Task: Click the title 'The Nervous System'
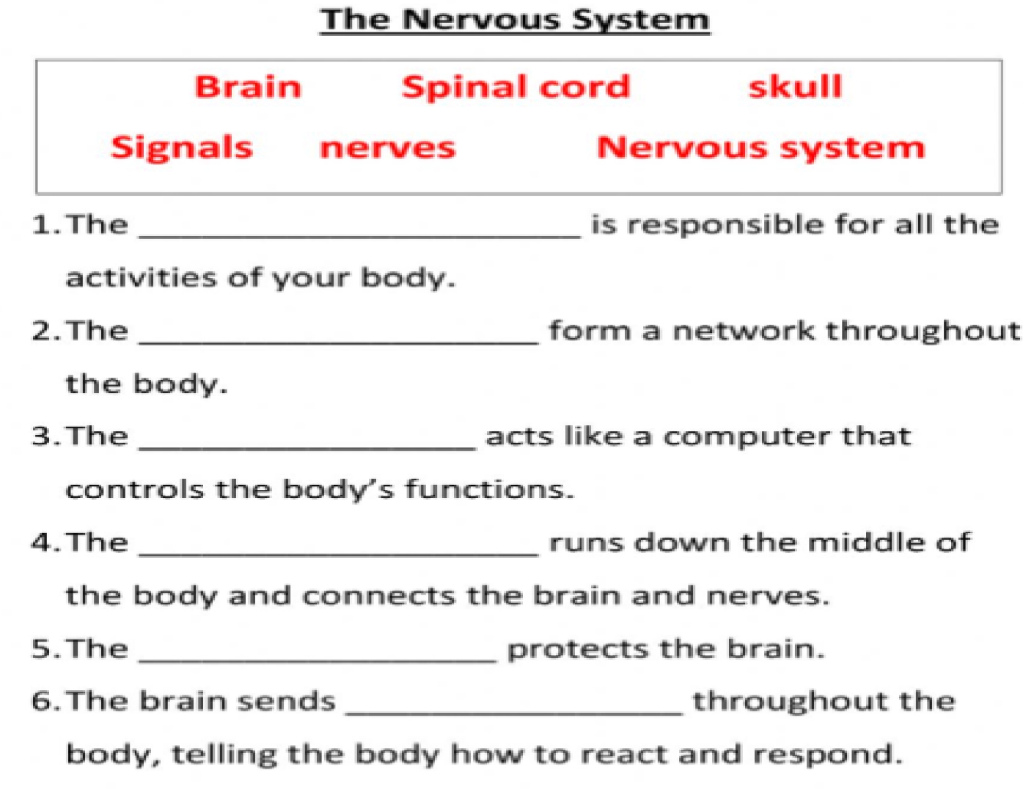point(515,20)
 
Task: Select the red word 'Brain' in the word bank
point(248,87)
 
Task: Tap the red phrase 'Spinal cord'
point(516,87)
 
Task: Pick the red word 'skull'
point(795,87)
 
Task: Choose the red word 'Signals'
point(182,147)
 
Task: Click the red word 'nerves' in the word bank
point(387,148)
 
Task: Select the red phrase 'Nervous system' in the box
point(761,147)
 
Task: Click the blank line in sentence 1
point(359,233)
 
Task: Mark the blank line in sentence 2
point(339,340)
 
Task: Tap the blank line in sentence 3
point(307,445)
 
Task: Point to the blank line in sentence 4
point(339,552)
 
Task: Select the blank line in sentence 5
point(318,658)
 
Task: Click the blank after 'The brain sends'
point(514,710)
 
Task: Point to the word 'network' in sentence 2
point(744,331)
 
